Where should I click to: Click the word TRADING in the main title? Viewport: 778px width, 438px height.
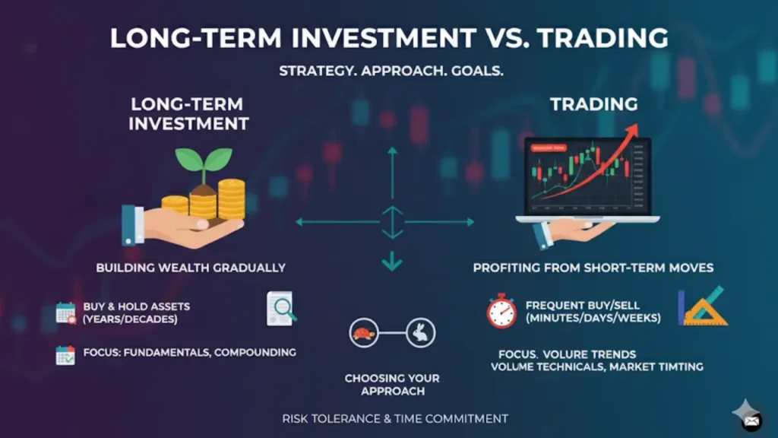pos(602,38)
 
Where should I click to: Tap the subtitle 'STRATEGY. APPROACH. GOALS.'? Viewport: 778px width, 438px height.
pos(391,71)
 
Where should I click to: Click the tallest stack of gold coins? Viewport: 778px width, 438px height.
pos(232,199)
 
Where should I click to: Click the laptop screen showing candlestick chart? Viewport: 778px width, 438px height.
pos(587,176)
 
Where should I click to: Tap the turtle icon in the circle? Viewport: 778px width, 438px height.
pos(364,333)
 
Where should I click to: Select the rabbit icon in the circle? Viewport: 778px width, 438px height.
pos(421,333)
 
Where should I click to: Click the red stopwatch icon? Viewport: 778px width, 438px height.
pos(501,311)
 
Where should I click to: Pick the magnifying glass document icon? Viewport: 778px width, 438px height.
pos(281,309)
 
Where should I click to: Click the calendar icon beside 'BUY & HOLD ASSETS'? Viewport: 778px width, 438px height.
pos(66,313)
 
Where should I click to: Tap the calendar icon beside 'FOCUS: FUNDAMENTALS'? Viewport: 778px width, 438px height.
pos(65,356)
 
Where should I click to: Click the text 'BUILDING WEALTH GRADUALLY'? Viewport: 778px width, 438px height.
pos(191,268)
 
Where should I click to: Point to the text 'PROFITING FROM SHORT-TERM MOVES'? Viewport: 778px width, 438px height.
pos(593,268)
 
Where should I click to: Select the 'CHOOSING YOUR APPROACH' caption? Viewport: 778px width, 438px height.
pos(393,385)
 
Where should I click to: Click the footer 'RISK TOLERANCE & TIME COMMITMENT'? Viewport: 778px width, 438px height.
pos(395,419)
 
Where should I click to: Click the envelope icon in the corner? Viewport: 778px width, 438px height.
pos(751,421)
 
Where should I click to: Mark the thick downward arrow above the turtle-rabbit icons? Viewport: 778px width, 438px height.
pos(392,261)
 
